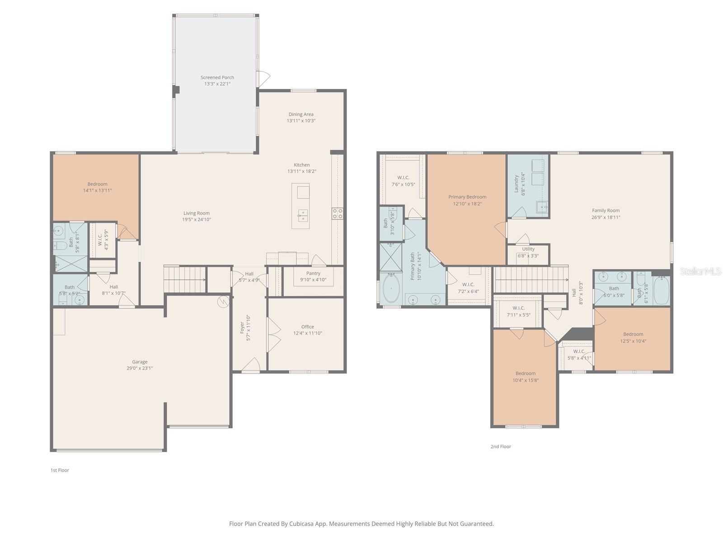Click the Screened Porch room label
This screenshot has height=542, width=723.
pyautogui.click(x=217, y=77)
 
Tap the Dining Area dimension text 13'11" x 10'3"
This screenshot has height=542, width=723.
pyautogui.click(x=301, y=121)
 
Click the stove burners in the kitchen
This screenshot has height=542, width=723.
pyautogui.click(x=338, y=214)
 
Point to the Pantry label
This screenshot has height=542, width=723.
pyautogui.click(x=313, y=273)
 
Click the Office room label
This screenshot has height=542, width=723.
pyautogui.click(x=307, y=327)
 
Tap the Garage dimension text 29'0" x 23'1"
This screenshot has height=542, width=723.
pyautogui.click(x=140, y=368)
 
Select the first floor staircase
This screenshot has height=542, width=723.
pyautogui.click(x=184, y=280)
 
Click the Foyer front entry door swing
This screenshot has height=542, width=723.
pyautogui.click(x=251, y=364)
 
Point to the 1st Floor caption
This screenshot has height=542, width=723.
pyautogui.click(x=60, y=470)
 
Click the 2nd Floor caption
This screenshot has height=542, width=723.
pyautogui.click(x=501, y=447)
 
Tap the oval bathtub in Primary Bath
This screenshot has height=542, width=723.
pyautogui.click(x=391, y=289)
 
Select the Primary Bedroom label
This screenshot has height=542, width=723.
pyautogui.click(x=467, y=197)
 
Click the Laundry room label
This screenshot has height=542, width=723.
pyautogui.click(x=516, y=182)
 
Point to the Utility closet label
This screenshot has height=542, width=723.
pyautogui.click(x=528, y=249)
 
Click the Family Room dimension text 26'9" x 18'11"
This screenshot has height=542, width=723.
pyautogui.click(x=606, y=217)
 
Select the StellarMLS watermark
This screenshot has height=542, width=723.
pyautogui.click(x=701, y=271)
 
